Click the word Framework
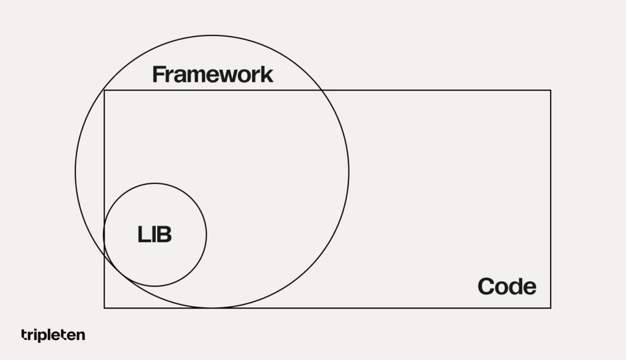(x=213, y=74)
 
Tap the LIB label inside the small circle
(x=155, y=234)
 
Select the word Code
(x=507, y=286)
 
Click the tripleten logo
(x=53, y=335)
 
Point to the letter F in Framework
(x=158, y=74)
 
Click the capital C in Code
(x=486, y=286)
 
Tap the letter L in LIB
(x=143, y=234)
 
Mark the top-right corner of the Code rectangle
(x=551, y=90)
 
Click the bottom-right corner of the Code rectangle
(x=551, y=307)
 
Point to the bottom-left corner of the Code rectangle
(x=105, y=307)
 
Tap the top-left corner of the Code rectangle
(x=105, y=90)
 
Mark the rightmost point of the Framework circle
(x=348, y=172)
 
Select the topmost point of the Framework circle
(x=212, y=35)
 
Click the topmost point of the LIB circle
(x=155, y=183)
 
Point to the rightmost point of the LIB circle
(x=207, y=235)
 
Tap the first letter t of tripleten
(x=24, y=334)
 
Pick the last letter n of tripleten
(x=81, y=336)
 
